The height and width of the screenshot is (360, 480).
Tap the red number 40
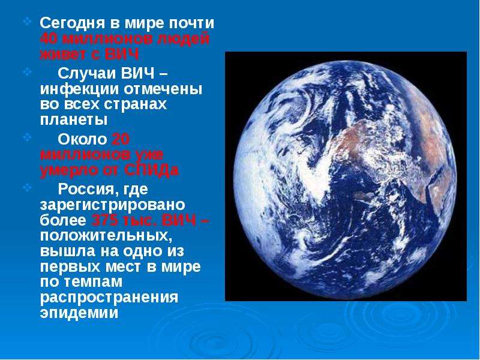49,39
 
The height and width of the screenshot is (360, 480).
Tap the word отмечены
163,89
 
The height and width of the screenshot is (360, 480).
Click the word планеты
74,119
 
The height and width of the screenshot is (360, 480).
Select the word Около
82,140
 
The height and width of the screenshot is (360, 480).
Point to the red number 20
121,140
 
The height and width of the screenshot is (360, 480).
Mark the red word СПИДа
152,170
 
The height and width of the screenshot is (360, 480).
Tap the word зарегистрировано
112,205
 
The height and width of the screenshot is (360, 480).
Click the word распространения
109,298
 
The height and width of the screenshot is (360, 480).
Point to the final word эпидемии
79,313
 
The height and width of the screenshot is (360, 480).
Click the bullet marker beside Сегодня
27,22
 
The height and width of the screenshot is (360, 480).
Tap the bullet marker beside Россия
27,187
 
